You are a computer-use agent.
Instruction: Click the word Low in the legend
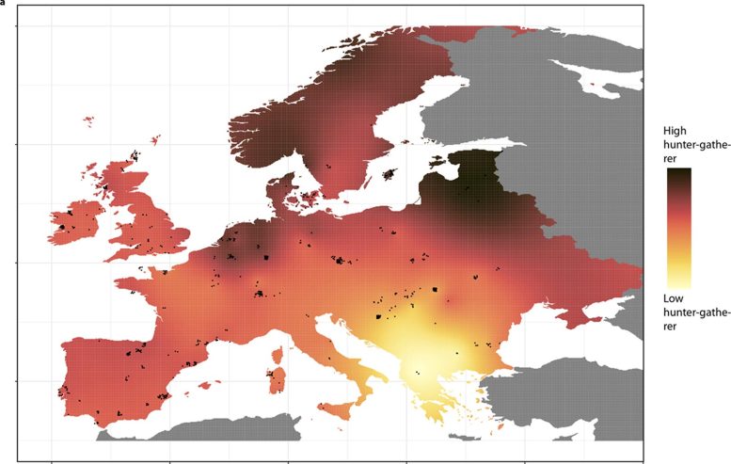click(673, 298)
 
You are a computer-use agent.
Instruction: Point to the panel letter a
click(3, 2)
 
